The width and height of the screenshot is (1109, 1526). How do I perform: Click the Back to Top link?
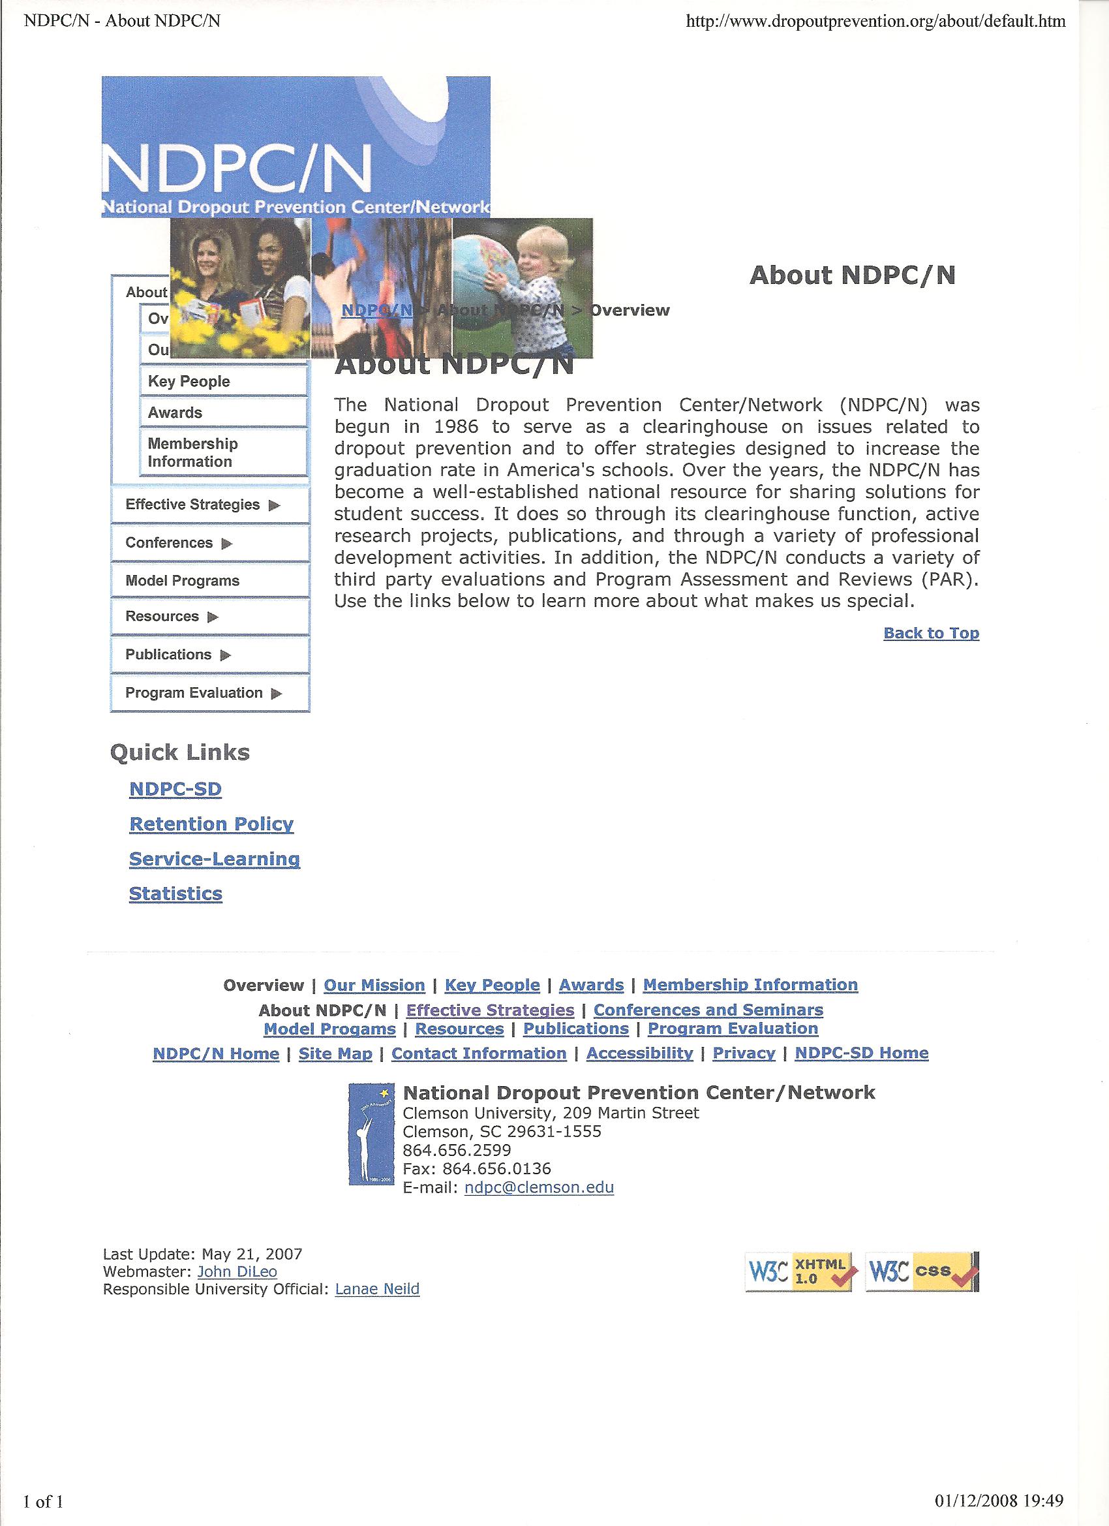[931, 633]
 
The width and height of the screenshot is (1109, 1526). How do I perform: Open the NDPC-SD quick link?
[175, 789]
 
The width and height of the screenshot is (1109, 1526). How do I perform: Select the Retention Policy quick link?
[211, 824]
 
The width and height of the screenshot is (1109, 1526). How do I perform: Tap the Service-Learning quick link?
[215, 859]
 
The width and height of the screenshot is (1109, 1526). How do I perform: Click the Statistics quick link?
[175, 894]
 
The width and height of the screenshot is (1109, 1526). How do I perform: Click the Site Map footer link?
[335, 1053]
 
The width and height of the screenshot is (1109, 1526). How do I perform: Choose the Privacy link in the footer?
[744, 1053]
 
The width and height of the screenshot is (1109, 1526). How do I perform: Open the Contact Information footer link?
[479, 1053]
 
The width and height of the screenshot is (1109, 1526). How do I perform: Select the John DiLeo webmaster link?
[237, 1271]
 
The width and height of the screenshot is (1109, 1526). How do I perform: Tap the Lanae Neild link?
[376, 1289]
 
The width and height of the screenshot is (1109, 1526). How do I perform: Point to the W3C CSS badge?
[921, 1271]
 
